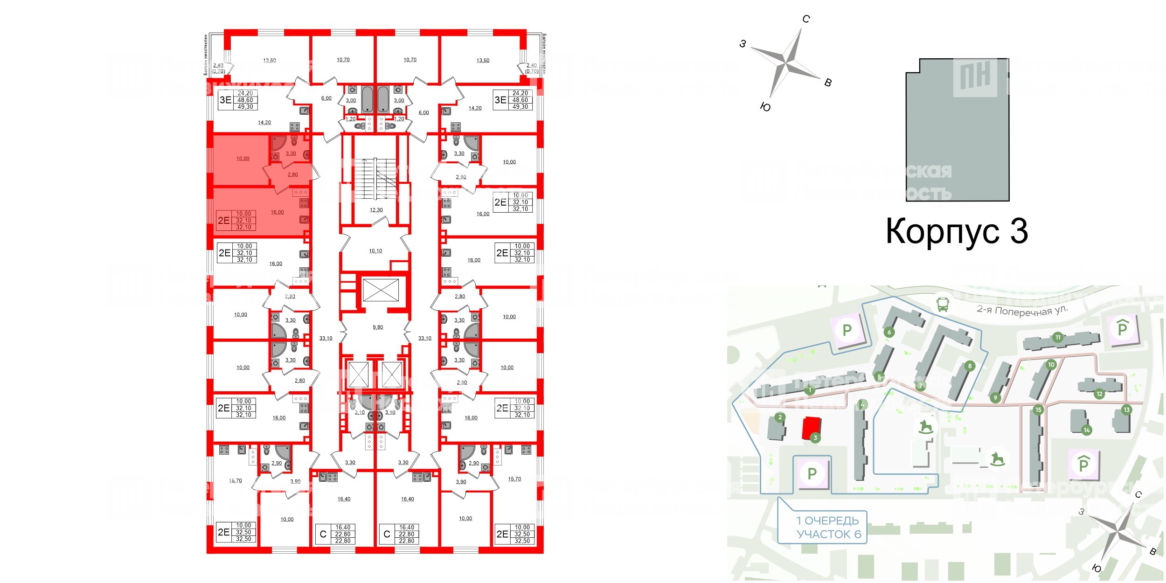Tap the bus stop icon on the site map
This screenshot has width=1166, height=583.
943,305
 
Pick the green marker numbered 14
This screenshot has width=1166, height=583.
1087,430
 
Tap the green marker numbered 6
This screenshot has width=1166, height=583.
889,332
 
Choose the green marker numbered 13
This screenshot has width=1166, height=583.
1126,410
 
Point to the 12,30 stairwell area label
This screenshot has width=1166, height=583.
376,210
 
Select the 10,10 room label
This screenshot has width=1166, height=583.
375,251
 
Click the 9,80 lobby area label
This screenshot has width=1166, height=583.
378,327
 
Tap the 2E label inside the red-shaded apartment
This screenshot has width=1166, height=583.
224,221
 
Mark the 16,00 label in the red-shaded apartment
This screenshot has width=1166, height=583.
277,212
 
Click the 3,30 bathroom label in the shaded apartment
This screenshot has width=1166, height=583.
291,153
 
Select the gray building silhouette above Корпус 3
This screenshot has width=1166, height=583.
957,130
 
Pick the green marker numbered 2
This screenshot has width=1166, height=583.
780,417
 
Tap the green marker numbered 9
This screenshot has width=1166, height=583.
995,398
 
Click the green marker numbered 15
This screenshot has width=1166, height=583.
1038,410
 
